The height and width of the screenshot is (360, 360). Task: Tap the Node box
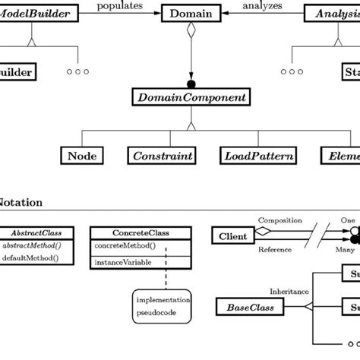pos(81,156)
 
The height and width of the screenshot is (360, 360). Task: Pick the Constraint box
pos(163,156)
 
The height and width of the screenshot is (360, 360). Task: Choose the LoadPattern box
pos(248,156)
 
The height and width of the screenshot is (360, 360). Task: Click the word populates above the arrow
pos(120,5)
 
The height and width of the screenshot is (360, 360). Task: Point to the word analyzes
pos(261,5)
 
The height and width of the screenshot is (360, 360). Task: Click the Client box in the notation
pos(233,236)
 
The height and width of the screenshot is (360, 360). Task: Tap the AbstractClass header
pos(42,232)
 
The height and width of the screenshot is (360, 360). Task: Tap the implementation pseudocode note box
pos(164,305)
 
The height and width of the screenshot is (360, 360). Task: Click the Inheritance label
pos(289,291)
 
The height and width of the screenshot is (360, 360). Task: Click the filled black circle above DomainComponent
pos(191,83)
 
